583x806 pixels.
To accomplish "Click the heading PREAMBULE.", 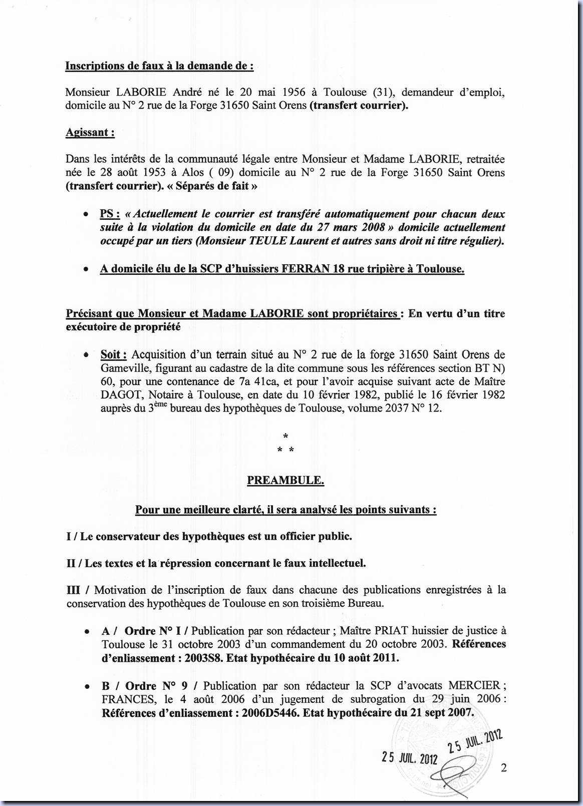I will click(x=285, y=481).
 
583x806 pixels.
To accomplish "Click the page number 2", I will click(x=503, y=767).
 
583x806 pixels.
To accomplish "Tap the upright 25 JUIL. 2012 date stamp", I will click(x=410, y=758).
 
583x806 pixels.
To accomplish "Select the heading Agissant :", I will click(x=90, y=133).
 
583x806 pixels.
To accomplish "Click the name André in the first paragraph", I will click(x=188, y=92).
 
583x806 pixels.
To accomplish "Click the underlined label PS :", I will click(x=110, y=214).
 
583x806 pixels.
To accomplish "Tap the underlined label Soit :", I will click(x=114, y=355).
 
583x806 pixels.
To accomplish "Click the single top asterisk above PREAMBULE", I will click(x=285, y=437).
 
